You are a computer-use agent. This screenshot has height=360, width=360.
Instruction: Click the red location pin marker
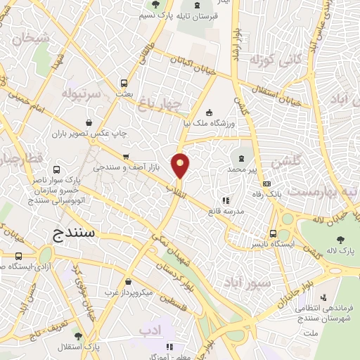pos(181,165)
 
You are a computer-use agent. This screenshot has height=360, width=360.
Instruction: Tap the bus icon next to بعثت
pos(125,82)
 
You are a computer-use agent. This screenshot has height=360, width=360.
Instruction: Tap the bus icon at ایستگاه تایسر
pos(273,235)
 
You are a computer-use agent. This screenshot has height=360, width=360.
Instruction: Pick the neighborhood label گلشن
pos(284,161)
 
